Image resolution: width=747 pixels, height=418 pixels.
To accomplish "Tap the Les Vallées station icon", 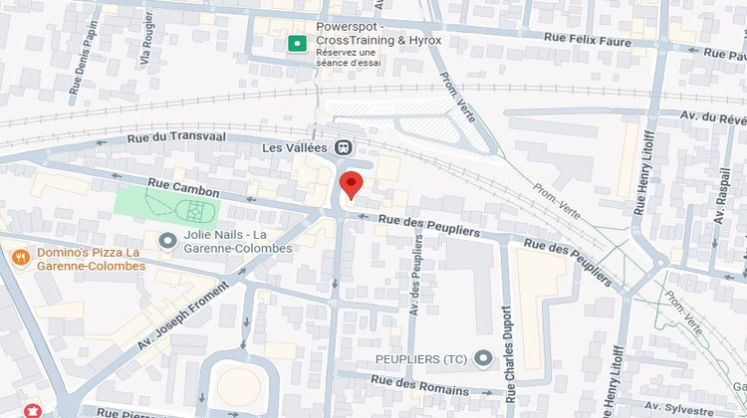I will pyautogui.click(x=344, y=147).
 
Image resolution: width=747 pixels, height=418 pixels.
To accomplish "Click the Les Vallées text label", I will pyautogui.click(x=294, y=147).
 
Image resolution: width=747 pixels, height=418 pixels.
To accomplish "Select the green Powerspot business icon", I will pyautogui.click(x=296, y=43).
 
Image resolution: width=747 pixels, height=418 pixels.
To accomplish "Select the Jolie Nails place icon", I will pyautogui.click(x=166, y=241).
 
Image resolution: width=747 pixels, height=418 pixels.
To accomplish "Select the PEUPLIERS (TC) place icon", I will pyautogui.click(x=484, y=357).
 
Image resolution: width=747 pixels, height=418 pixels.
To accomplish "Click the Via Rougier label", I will pyautogui.click(x=148, y=40).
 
